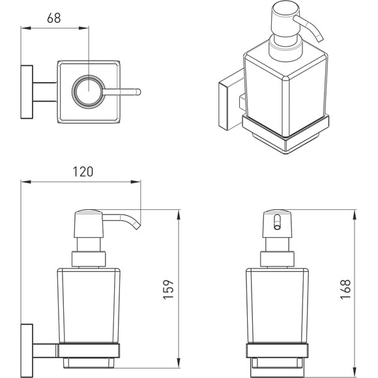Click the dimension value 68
(54, 18)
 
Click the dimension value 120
(83, 171)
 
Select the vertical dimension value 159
(168, 289)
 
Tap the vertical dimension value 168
(345, 289)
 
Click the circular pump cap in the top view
(89, 92)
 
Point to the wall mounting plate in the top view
(27, 92)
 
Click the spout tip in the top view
(138, 92)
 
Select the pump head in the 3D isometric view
(285, 19)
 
